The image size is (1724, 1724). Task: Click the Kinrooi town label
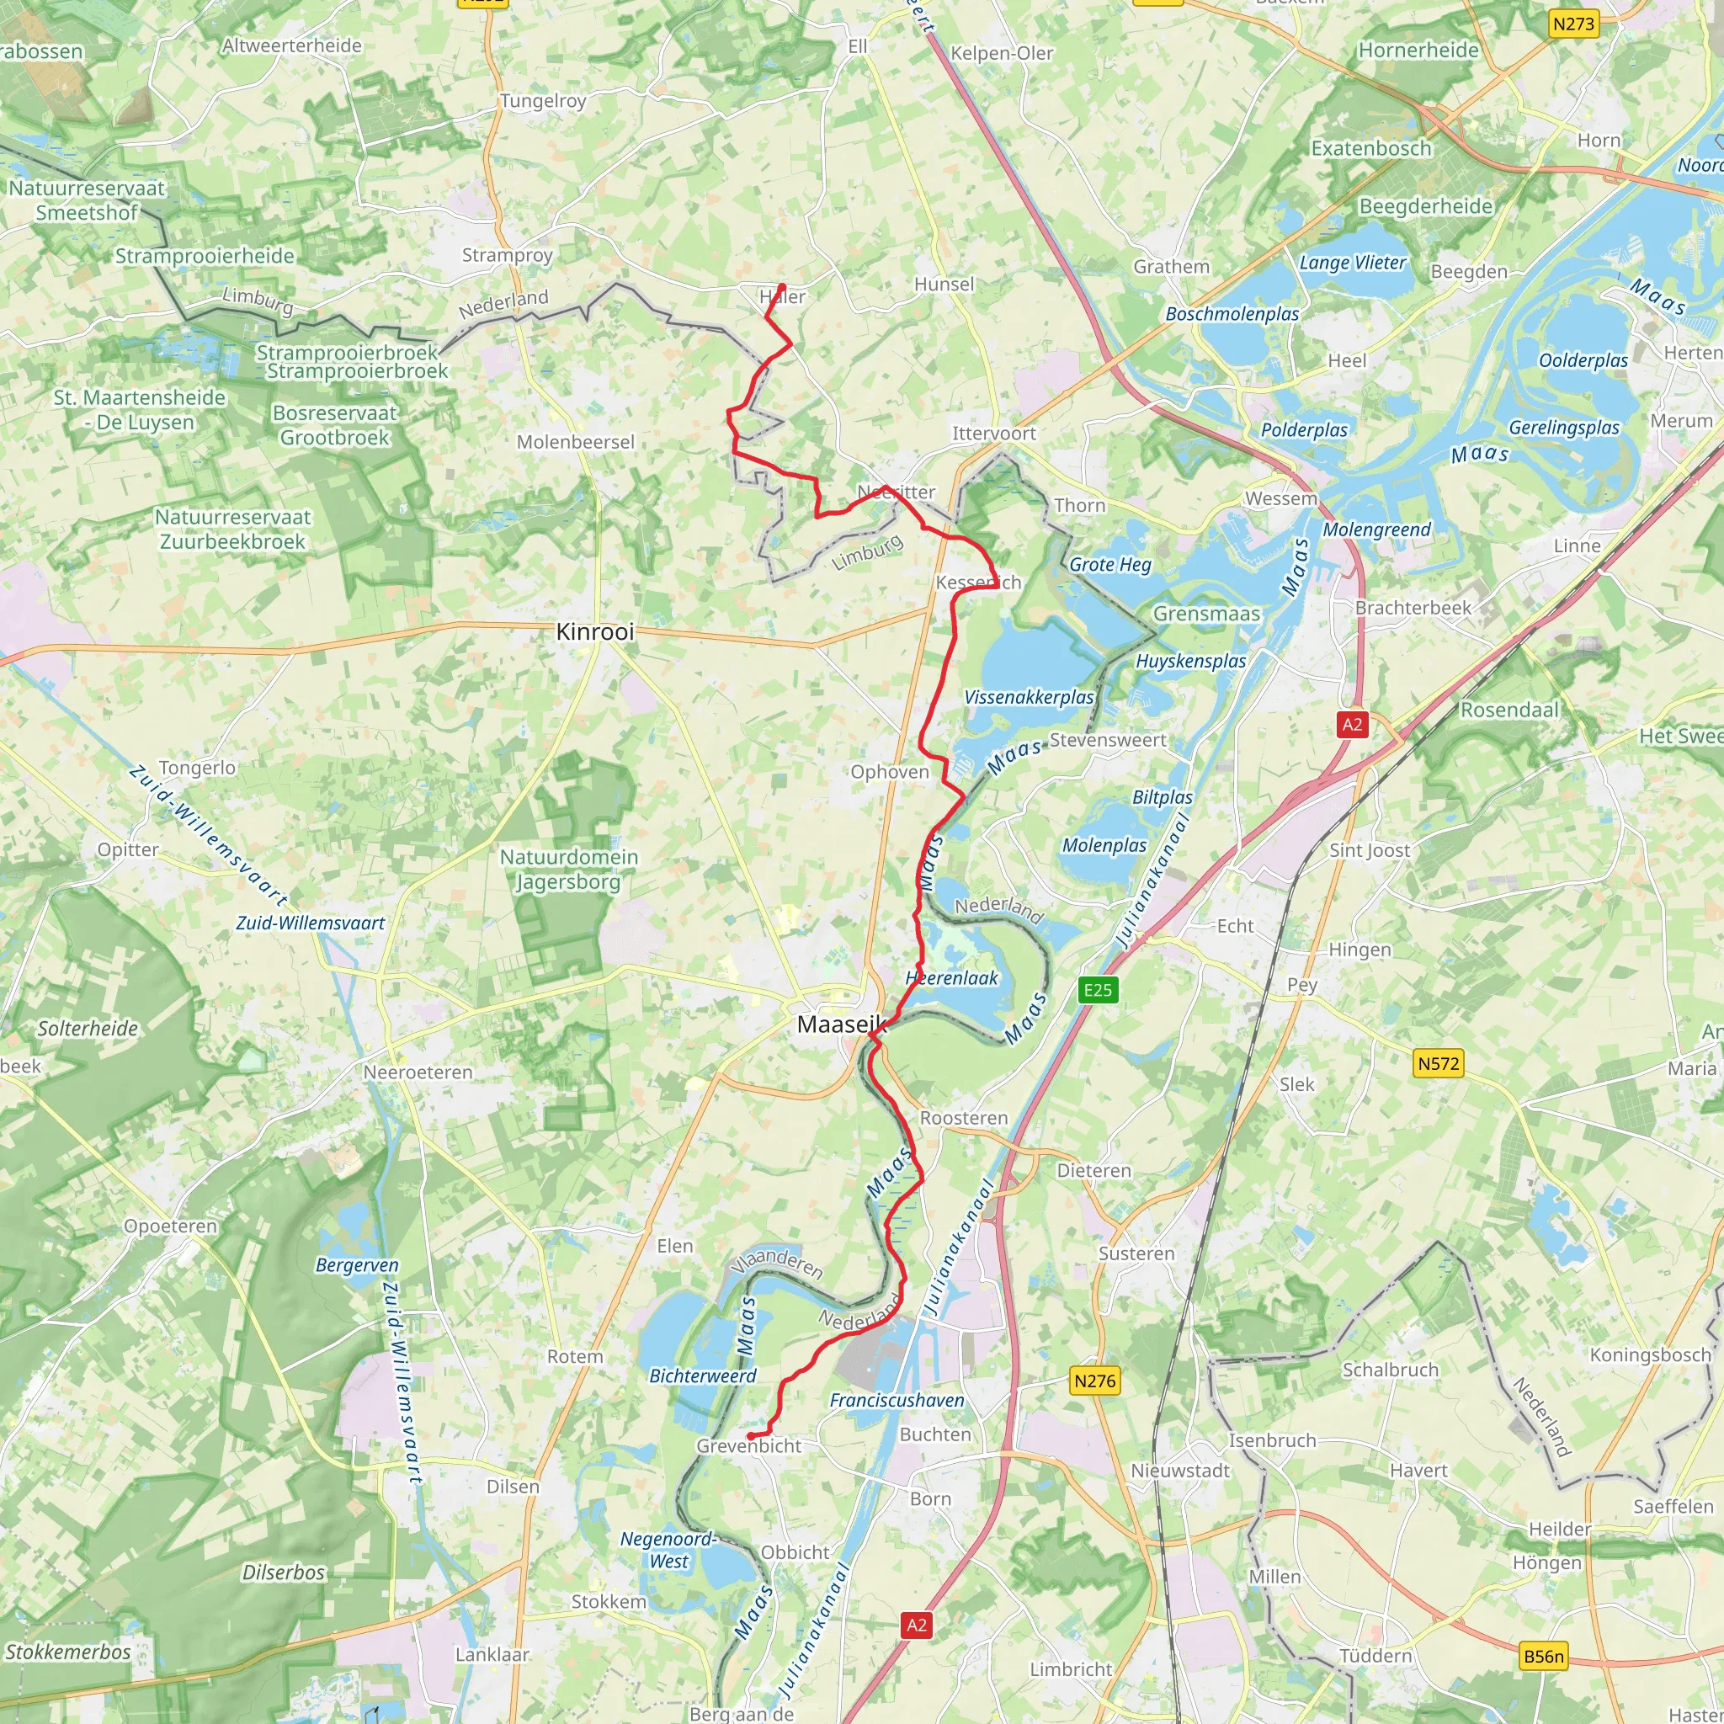click(594, 632)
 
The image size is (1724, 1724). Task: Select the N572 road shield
click(1439, 1064)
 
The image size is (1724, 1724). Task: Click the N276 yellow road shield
click(1095, 1381)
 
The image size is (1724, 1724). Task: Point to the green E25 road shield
click(1098, 990)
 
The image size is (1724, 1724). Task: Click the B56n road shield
click(1544, 1657)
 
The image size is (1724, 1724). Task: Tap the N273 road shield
click(1573, 24)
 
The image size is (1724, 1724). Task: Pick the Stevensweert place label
click(1108, 740)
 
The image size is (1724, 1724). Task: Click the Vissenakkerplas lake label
click(1029, 697)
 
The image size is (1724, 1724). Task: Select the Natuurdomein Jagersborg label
click(568, 869)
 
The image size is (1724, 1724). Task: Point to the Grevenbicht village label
click(748, 1446)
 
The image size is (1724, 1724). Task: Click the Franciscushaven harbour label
click(897, 1401)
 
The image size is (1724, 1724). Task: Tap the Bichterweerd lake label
click(702, 1376)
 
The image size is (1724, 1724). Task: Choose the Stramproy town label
click(507, 255)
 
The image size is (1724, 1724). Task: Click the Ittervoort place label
click(994, 434)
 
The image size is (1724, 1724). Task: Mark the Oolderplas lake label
click(1583, 360)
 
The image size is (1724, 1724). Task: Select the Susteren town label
click(1136, 1253)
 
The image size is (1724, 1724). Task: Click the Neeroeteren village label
click(418, 1072)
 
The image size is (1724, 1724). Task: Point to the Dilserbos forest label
click(283, 1573)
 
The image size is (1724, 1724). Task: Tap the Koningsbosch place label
click(1650, 1354)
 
